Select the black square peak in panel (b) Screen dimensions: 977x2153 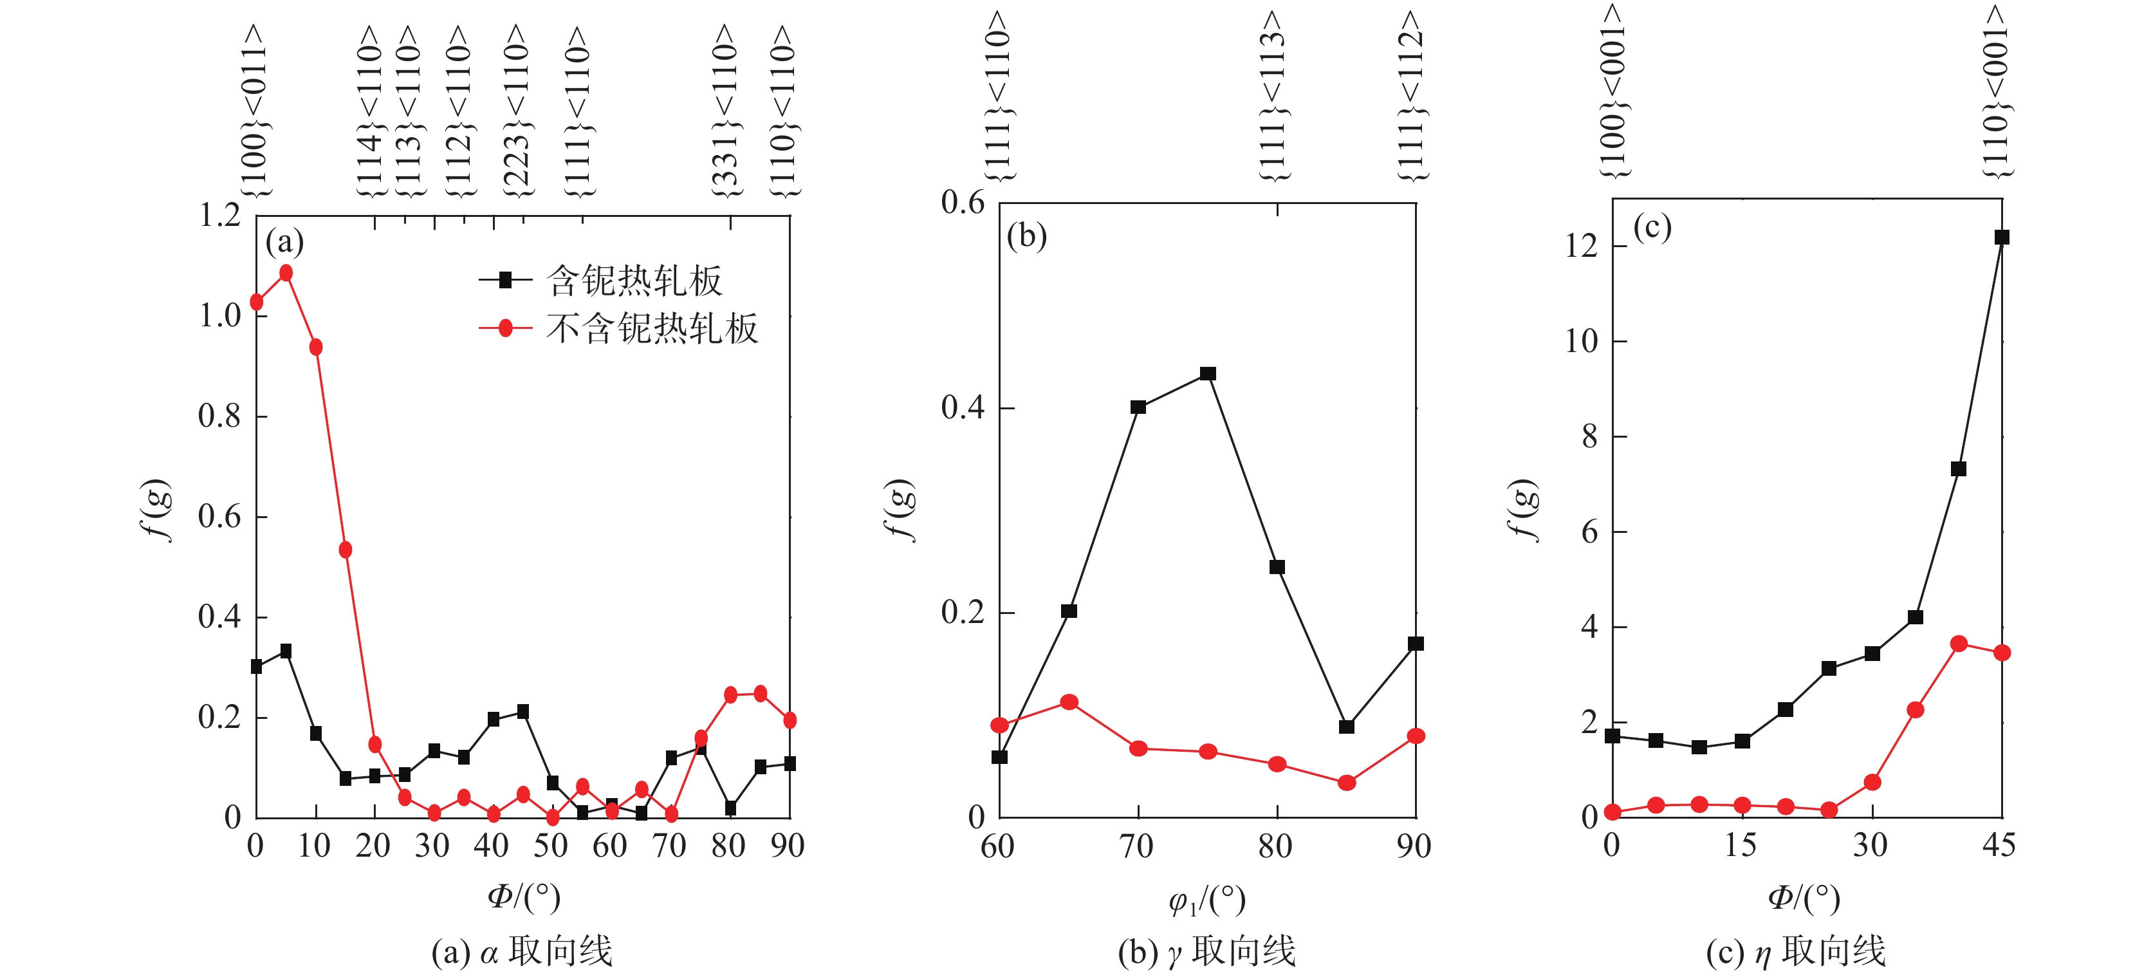coord(1208,373)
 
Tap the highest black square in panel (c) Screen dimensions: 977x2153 coord(2002,237)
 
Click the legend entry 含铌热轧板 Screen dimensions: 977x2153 coord(634,281)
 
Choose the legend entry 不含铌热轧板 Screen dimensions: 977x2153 coord(652,328)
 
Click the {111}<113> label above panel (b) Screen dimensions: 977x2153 coord(1272,96)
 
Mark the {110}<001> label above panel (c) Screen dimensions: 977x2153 coord(1996,92)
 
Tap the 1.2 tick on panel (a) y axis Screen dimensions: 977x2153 coord(219,216)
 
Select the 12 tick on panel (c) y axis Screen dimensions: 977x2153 coord(1582,246)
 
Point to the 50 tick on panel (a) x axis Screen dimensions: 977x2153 coord(551,846)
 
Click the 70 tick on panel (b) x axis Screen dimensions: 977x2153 coord(1137,846)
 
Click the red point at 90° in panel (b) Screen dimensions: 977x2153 coord(1416,736)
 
